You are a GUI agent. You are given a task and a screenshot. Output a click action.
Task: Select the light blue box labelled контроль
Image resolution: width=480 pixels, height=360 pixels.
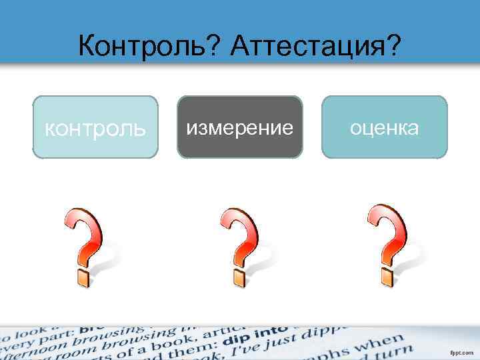(x=95, y=127)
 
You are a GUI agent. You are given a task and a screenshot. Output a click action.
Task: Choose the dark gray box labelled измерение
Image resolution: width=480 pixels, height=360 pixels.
(x=240, y=127)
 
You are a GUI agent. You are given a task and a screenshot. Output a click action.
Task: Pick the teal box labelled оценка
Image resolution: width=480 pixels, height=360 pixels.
(x=385, y=127)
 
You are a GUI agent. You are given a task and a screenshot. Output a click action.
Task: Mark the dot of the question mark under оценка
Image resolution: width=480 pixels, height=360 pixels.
(x=387, y=275)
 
